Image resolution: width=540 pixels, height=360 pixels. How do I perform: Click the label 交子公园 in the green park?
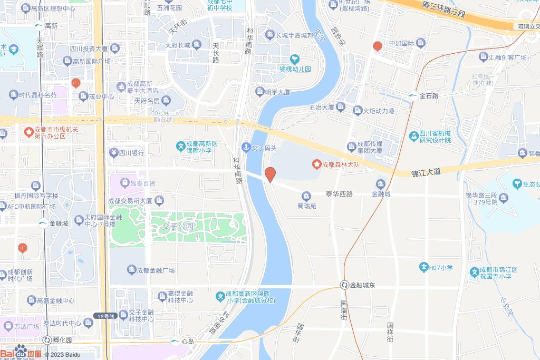coord(177,227)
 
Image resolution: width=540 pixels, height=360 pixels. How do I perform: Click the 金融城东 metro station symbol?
coord(344,285)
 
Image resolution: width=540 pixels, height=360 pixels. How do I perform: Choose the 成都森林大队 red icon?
coord(317,164)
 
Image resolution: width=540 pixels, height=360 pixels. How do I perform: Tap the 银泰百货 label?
coord(143,183)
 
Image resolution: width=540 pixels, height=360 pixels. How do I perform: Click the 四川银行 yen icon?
coord(113,153)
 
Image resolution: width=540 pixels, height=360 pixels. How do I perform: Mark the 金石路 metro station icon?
coord(413,95)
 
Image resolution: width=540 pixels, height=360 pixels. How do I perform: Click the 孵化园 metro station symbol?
coord(47,340)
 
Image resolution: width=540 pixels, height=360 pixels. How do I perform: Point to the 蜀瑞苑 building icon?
coord(306,197)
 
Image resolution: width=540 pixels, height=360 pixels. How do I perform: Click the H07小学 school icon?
coord(423,267)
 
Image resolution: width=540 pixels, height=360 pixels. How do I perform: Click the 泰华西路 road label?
coord(339,194)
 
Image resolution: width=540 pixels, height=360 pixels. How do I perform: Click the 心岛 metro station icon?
coord(175,342)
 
